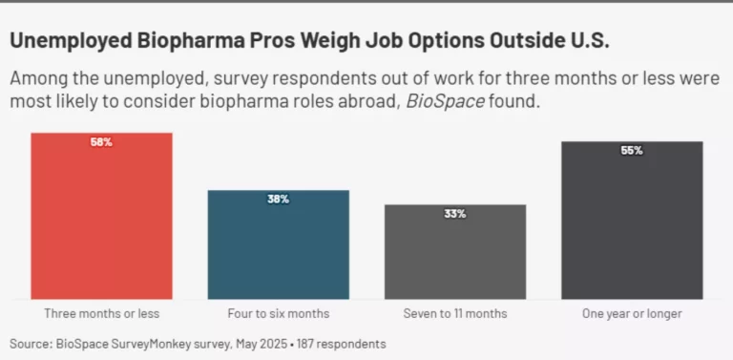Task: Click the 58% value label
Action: pyautogui.click(x=101, y=142)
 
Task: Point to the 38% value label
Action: pyautogui.click(x=279, y=200)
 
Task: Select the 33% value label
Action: pyautogui.click(x=455, y=214)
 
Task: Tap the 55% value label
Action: pyautogui.click(x=632, y=151)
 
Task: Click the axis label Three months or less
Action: pyautogui.click(x=101, y=313)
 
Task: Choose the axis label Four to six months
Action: pyautogui.click(x=279, y=313)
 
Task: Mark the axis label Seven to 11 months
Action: pyautogui.click(x=455, y=313)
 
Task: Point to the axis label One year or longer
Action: pyautogui.click(x=632, y=313)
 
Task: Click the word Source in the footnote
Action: pyautogui.click(x=32, y=343)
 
